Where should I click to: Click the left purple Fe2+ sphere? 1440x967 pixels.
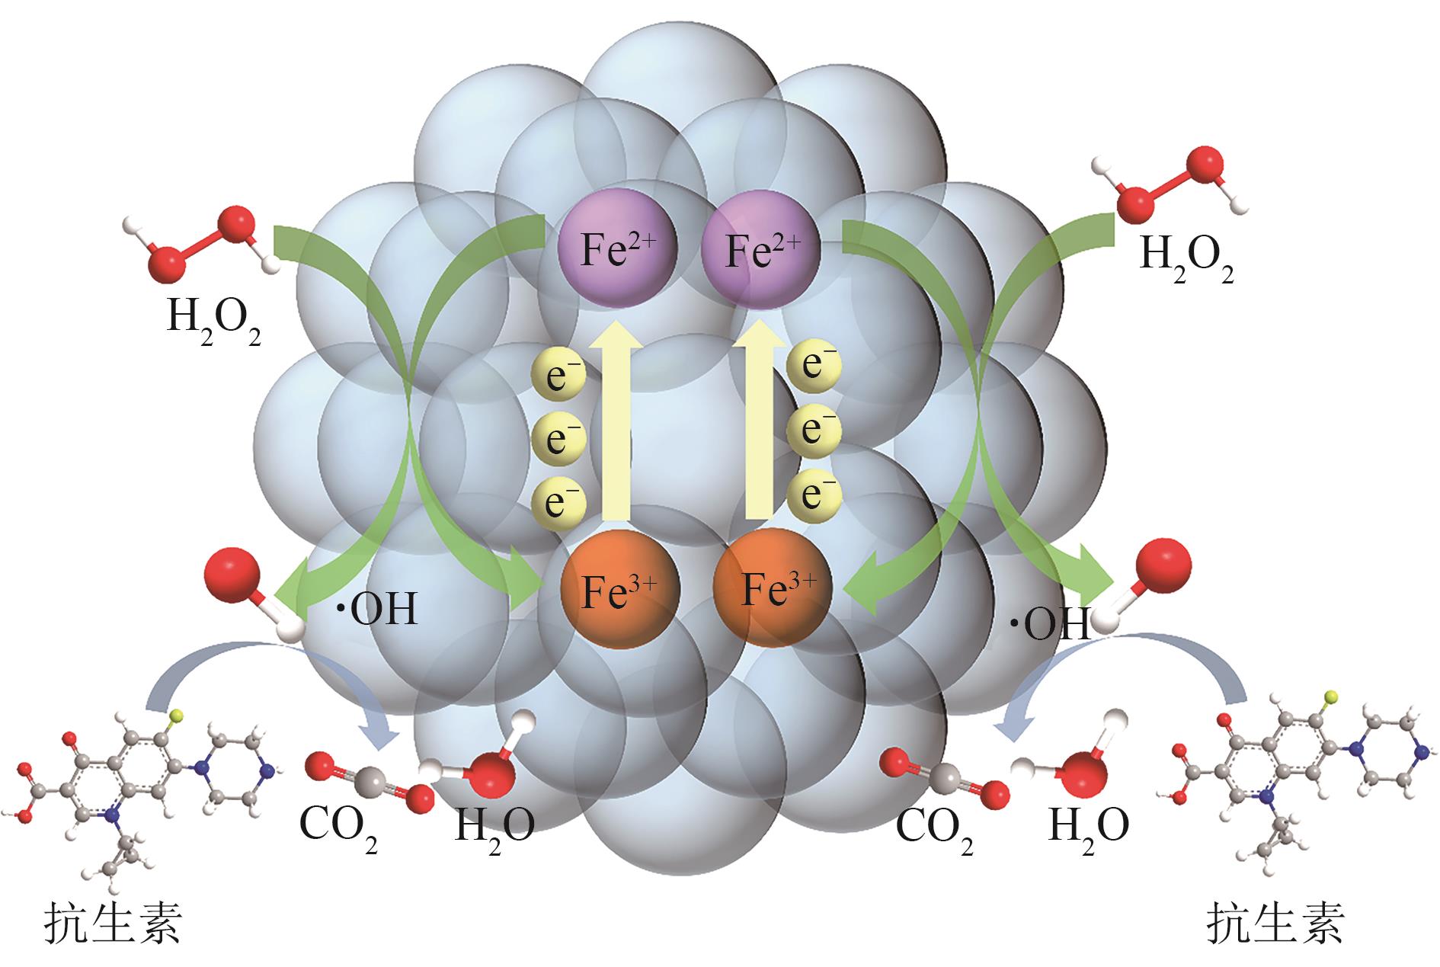[x=617, y=248]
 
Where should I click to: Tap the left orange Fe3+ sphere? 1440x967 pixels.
[x=619, y=589]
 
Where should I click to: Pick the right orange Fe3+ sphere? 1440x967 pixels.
[x=771, y=588]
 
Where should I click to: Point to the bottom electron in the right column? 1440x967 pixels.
[x=814, y=493]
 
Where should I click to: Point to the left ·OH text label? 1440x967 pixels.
[x=377, y=610]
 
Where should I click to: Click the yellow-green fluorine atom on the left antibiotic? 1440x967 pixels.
[x=176, y=716]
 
